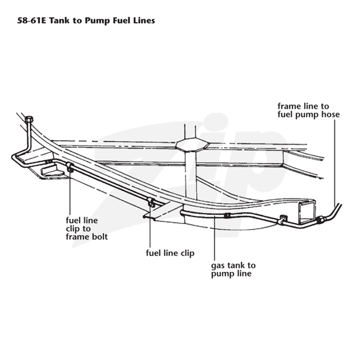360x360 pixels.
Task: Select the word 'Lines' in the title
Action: [144, 21]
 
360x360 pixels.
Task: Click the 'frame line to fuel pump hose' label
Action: [308, 110]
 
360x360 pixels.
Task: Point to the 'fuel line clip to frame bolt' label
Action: [86, 229]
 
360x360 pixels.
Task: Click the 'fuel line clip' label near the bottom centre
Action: [170, 253]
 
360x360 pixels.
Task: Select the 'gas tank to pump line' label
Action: [233, 269]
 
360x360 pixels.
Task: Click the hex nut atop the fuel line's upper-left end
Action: [29, 119]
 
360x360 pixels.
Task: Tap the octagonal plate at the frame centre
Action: [192, 144]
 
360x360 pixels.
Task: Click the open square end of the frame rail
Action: [307, 211]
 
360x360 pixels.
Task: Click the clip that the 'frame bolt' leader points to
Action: [70, 167]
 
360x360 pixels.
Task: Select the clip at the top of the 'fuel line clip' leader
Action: [151, 202]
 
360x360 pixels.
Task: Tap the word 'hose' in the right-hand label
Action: [330, 114]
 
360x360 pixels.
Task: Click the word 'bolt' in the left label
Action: [99, 237]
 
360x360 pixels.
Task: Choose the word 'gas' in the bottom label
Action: [217, 266]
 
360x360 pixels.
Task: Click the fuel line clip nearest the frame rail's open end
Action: [283, 220]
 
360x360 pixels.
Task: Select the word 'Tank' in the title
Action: [59, 21]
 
